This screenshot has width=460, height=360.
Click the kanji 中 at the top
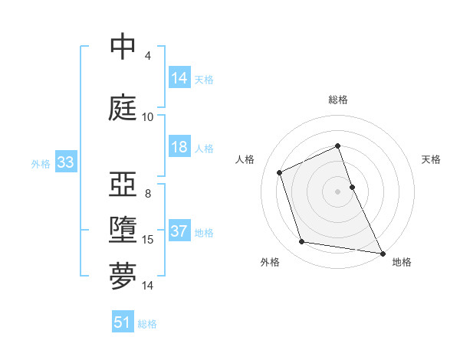(x=123, y=47)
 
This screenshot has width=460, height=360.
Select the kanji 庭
(x=123, y=108)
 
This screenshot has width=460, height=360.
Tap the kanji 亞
(x=123, y=186)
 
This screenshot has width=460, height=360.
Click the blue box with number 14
(x=179, y=77)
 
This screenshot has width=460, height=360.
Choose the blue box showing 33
(x=64, y=162)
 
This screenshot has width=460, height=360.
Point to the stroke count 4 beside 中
(x=147, y=56)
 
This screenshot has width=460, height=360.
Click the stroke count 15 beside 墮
(x=147, y=240)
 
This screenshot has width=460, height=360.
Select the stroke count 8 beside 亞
(x=147, y=194)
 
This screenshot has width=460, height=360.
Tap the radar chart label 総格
(x=338, y=100)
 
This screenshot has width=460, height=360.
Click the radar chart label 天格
(x=431, y=159)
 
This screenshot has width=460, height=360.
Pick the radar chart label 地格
(x=402, y=262)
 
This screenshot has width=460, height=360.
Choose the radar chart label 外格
(x=270, y=262)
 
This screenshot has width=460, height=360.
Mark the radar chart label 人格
(x=245, y=159)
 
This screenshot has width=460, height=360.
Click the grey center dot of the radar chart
(x=338, y=191)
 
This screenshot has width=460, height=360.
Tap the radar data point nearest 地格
(x=383, y=252)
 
